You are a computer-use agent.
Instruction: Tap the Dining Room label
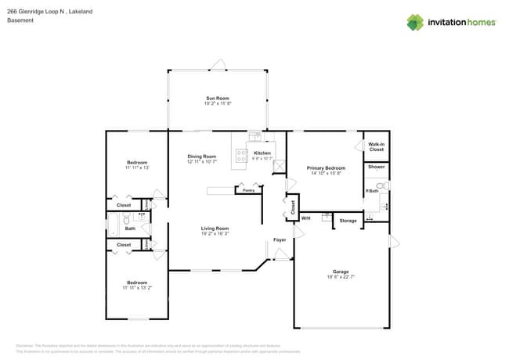(x=201, y=156)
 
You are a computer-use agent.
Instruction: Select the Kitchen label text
(x=262, y=153)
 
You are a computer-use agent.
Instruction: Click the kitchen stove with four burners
(x=240, y=155)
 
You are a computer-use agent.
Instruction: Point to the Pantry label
(x=248, y=190)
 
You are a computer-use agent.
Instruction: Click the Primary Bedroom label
(x=326, y=167)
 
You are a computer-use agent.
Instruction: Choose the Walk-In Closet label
(x=376, y=146)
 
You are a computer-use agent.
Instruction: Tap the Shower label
(x=376, y=167)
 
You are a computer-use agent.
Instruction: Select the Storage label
(x=348, y=221)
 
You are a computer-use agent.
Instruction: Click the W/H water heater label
(x=305, y=218)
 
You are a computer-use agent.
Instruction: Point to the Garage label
(x=340, y=272)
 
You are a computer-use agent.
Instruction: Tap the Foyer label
(x=279, y=239)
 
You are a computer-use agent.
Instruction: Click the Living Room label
(x=215, y=228)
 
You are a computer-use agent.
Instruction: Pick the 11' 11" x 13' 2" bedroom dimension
(x=137, y=287)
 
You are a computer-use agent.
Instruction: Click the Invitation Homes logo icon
(x=414, y=22)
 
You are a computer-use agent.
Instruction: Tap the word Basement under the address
(x=20, y=20)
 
